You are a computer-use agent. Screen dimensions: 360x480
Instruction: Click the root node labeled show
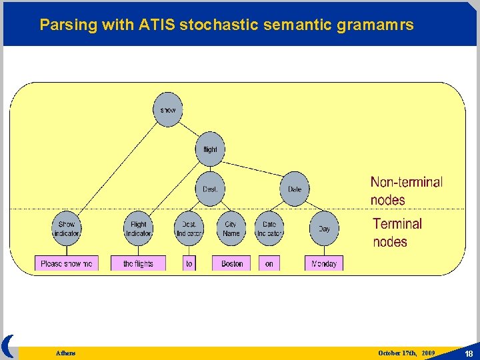[167, 109]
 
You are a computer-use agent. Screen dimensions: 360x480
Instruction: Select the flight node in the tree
[210, 149]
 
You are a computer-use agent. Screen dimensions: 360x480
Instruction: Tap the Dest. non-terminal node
[210, 189]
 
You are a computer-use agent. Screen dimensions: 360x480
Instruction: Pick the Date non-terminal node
[294, 189]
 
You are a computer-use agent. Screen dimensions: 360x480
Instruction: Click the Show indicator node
[67, 229]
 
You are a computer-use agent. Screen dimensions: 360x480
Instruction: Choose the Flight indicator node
[139, 229]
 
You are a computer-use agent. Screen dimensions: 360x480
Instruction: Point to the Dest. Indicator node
[189, 229]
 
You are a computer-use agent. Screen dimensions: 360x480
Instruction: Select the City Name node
[231, 229]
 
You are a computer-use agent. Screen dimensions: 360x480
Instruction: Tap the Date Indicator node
[269, 229]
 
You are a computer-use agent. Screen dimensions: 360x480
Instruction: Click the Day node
[324, 229]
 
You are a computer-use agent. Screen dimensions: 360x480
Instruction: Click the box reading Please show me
[67, 264]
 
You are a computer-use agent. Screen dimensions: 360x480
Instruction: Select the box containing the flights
[138, 264]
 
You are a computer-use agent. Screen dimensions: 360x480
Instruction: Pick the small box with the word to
[189, 264]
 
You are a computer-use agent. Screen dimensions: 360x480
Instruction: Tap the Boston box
[232, 264]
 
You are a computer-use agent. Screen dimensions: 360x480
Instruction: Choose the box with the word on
[269, 264]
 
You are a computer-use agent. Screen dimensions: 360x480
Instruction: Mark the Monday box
[324, 264]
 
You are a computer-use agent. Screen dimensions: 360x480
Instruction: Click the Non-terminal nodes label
[406, 191]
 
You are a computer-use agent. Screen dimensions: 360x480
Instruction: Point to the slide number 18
[469, 353]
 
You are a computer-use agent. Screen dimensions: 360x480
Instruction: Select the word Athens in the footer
[65, 353]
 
